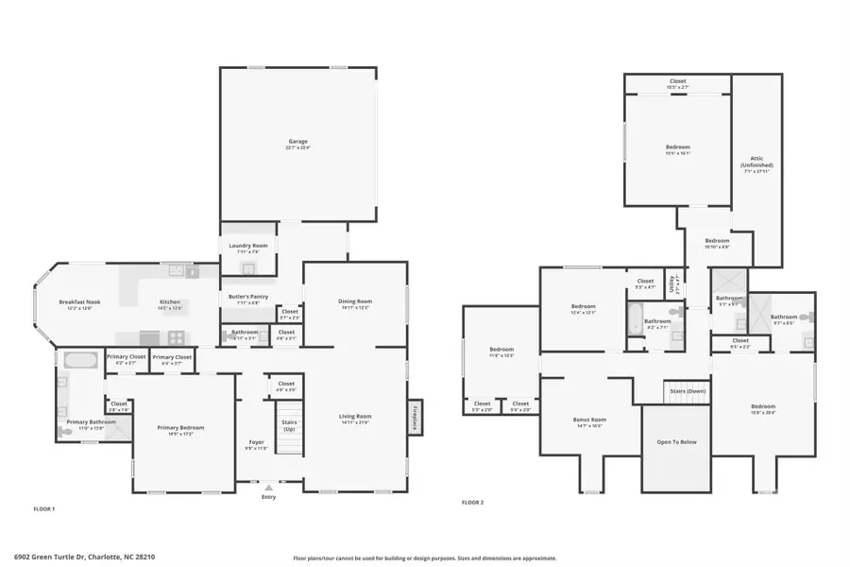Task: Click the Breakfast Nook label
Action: pos(80,304)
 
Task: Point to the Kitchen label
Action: pos(170,304)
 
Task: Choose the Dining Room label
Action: pos(355,304)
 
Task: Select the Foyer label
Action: pos(256,444)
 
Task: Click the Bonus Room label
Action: pos(589,421)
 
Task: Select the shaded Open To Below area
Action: pos(676,444)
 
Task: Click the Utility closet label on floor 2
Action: pos(672,283)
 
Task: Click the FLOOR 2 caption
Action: pos(472,503)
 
